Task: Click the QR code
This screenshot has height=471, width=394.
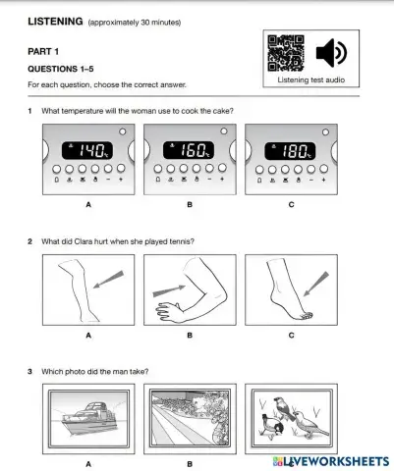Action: pos(286,53)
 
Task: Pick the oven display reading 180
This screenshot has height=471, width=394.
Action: pos(291,151)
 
